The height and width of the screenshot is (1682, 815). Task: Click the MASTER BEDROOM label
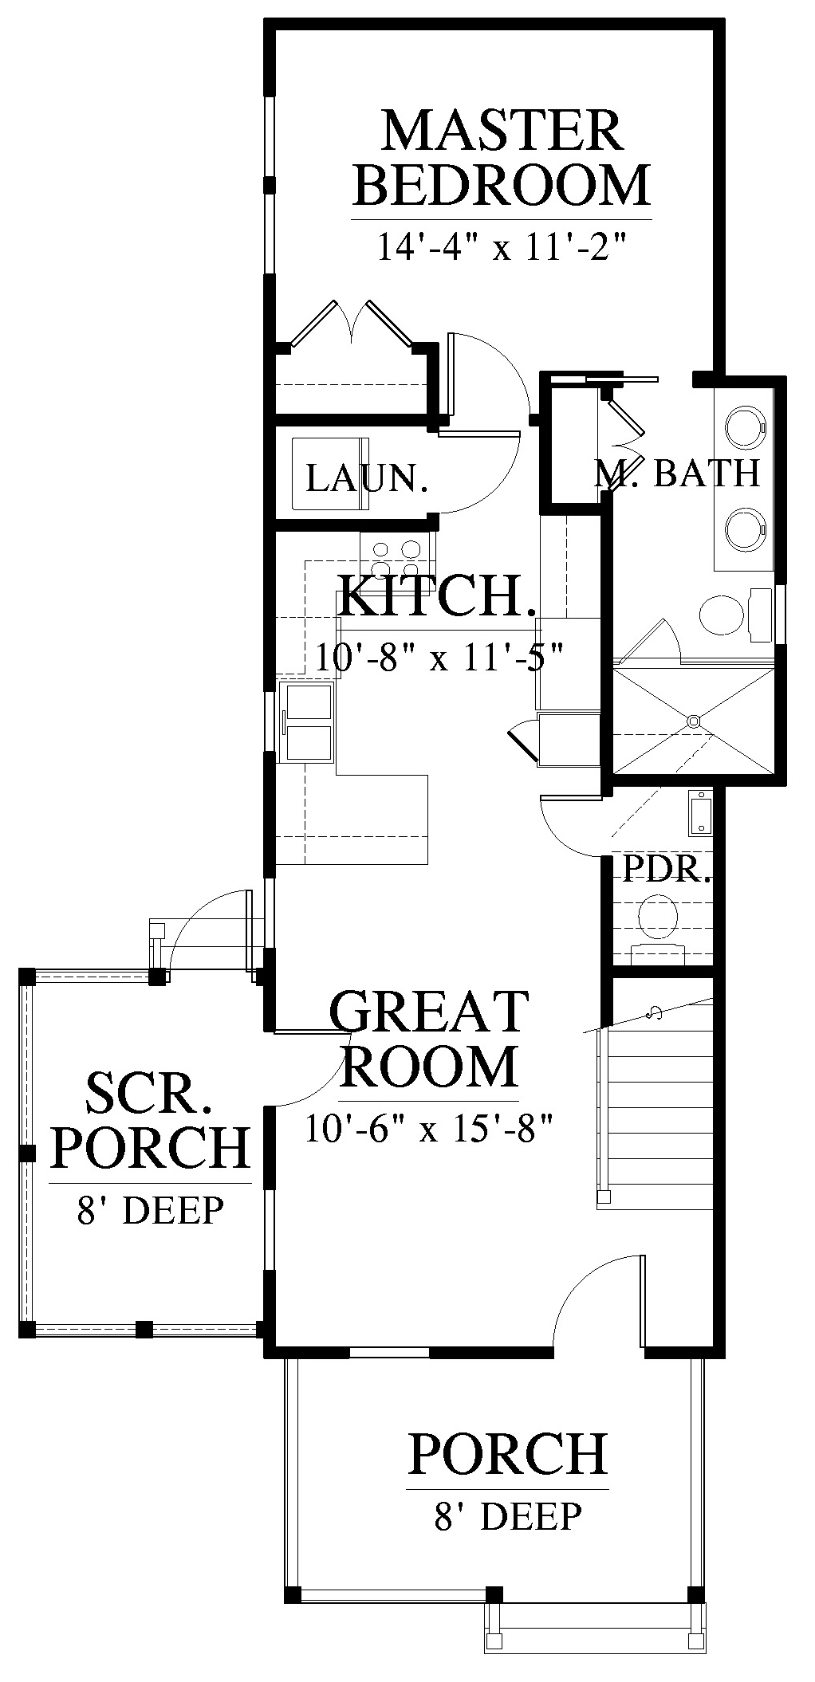[502, 159]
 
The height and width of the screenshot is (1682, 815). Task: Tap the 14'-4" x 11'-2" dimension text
[498, 247]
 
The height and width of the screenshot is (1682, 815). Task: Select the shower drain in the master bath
[694, 721]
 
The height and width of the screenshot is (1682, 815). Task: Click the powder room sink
[699, 813]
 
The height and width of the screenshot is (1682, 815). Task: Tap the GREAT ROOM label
[430, 1039]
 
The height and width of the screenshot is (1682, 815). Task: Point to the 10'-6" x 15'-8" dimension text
[429, 1128]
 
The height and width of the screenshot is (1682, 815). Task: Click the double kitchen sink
[308, 722]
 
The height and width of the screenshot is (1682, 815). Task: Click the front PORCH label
[507, 1452]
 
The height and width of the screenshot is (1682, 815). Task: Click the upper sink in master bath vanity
[746, 426]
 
